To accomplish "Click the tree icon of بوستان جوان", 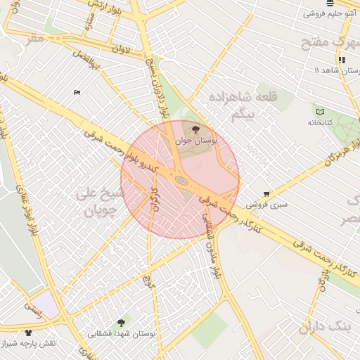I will [x=195, y=129].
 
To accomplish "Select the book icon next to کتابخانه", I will [x=320, y=112].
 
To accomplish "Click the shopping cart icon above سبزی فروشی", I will [x=266, y=193].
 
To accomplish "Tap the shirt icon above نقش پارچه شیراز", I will [x=28, y=333].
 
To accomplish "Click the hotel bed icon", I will [x=77, y=92].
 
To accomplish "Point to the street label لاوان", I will [x=121, y=50].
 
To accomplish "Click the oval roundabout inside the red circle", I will [x=181, y=181].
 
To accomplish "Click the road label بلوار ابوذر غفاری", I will [x=23, y=204].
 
